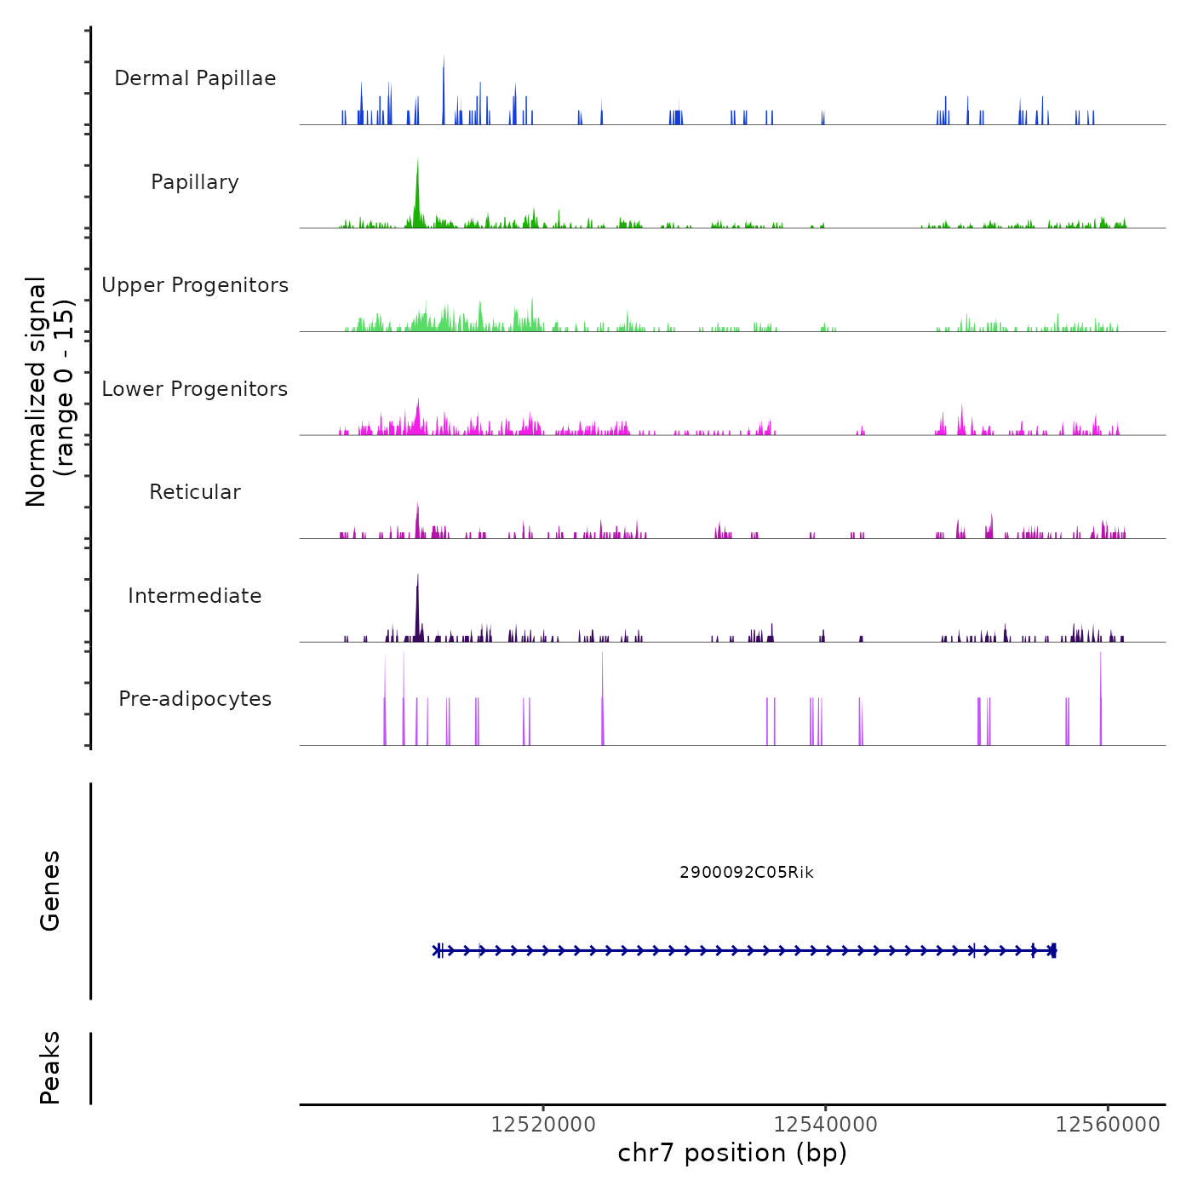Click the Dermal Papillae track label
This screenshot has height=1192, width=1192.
[x=195, y=78]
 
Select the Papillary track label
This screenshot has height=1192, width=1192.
[x=195, y=182]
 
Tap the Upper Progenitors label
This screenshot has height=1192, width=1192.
[x=195, y=285]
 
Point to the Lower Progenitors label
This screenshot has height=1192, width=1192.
[x=195, y=389]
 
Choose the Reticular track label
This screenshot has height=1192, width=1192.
[x=195, y=492]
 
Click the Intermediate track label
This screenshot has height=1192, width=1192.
[x=195, y=596]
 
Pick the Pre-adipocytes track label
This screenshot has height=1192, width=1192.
[x=195, y=699]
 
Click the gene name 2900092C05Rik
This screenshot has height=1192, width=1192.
[x=747, y=873]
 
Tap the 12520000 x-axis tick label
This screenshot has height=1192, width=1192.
[x=543, y=1125]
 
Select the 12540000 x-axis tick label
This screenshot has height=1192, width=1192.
[x=825, y=1125]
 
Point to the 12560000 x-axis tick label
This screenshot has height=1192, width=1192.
[x=1107, y=1125]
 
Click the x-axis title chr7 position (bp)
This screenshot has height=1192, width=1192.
[x=732, y=1153]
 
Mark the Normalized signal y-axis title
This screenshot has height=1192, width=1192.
[x=49, y=391]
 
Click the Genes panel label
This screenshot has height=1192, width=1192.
[x=50, y=891]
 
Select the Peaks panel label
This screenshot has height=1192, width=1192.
[x=50, y=1068]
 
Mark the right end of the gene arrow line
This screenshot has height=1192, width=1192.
[x=1055, y=950]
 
